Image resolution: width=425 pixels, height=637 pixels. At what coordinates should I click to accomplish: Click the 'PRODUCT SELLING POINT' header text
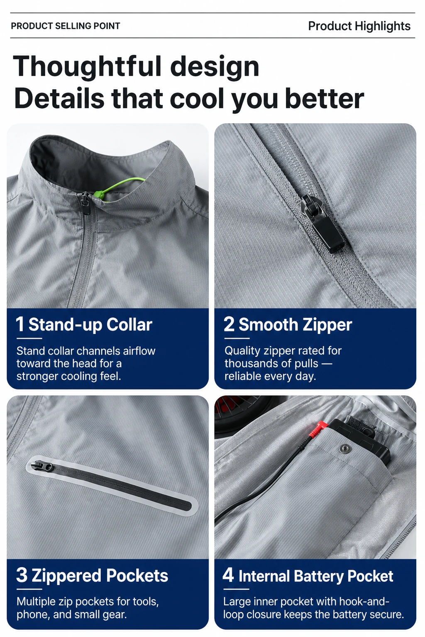point(66,26)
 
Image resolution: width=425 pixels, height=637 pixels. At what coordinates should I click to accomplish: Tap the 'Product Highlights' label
point(359,26)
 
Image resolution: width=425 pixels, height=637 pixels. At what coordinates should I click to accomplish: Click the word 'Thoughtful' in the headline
point(88,66)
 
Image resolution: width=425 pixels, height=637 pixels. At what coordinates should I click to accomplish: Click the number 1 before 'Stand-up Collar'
point(20,324)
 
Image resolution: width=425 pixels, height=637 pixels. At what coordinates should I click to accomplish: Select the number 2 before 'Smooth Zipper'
point(229,324)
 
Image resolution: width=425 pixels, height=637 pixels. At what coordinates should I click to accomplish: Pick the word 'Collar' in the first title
point(129,324)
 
